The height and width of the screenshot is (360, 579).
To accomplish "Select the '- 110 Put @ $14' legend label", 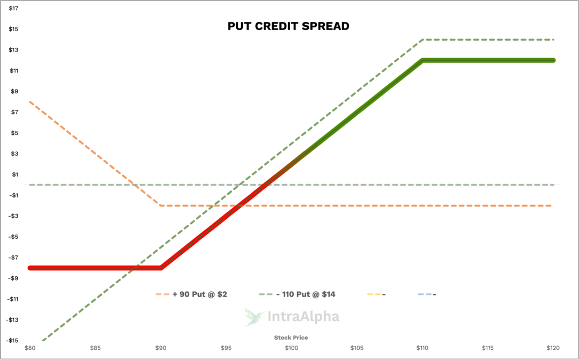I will pos(306,294).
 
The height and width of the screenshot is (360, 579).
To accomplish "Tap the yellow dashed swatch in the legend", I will pos(374,294).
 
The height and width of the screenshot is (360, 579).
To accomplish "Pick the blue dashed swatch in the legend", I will pos(424,294).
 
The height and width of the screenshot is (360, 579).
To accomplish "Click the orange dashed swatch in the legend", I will pos(162,294).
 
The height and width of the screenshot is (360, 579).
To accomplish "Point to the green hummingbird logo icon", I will pos(254,317).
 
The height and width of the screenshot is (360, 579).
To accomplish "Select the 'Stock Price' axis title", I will pos(291,337).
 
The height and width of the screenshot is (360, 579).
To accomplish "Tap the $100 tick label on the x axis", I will pos(291,348).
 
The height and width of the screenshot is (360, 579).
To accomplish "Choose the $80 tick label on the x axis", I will pos(30,348).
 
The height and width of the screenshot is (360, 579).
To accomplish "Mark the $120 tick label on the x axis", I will pos(553,348).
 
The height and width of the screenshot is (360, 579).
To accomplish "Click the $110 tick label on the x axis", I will pos(422,348).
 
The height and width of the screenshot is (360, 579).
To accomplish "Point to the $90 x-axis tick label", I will pos(160,348).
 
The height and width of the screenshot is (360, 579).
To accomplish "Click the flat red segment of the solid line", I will pos(94,268).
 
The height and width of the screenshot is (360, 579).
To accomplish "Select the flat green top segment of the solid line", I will pos(488,60).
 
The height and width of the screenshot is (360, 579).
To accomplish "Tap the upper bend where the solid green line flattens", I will pos(423,60).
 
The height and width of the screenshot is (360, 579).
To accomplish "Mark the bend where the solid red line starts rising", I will pos(161,268).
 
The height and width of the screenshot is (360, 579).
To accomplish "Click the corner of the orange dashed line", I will pos(160,205).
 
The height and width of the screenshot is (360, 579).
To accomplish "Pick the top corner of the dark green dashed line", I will pos(423,39).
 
